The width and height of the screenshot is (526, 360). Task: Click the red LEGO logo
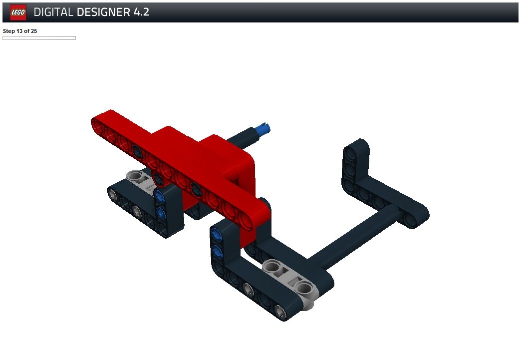click(18, 12)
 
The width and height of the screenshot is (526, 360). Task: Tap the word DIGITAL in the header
click(53, 12)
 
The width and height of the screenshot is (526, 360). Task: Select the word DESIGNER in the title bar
click(103, 12)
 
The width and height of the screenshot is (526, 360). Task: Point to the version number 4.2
click(141, 12)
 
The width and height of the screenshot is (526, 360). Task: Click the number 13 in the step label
click(19, 31)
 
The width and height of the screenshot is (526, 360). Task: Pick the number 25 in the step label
click(33, 31)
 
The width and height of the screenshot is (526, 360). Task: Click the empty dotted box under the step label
click(39, 38)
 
